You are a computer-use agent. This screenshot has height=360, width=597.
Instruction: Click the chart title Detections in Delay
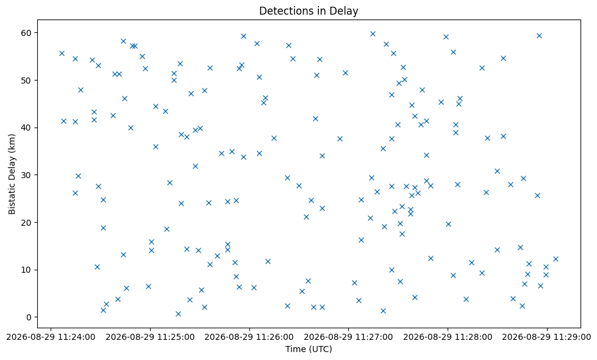click(309, 10)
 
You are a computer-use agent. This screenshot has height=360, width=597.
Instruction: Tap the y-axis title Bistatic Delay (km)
click(12, 174)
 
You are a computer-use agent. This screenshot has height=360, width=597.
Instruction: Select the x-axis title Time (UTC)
click(309, 349)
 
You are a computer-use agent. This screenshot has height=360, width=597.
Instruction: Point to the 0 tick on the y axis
click(29, 317)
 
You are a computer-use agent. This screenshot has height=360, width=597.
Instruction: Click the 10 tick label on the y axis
click(27, 270)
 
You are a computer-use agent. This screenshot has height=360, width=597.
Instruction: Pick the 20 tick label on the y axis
click(27, 223)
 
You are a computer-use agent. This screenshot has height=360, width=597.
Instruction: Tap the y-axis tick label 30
click(27, 175)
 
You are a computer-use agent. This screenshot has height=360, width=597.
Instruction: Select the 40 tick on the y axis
click(27, 128)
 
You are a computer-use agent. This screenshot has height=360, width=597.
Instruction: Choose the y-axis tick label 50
click(27, 81)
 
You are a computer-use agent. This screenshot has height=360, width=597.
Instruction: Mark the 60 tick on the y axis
click(27, 33)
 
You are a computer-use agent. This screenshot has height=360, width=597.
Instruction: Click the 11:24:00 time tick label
click(51, 337)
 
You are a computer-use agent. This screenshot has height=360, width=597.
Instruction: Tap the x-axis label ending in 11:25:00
click(150, 337)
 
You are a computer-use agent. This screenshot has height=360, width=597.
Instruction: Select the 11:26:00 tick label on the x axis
click(249, 337)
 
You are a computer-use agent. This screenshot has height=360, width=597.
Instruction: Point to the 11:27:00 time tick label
click(348, 337)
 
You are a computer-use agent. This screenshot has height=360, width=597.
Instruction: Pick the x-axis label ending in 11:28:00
click(448, 337)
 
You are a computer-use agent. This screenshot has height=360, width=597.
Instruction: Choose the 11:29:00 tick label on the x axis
click(547, 337)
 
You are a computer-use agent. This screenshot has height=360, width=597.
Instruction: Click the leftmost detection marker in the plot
click(62, 53)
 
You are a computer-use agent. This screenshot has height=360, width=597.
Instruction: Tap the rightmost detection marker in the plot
click(556, 259)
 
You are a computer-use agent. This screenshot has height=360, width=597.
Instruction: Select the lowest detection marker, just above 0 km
click(178, 314)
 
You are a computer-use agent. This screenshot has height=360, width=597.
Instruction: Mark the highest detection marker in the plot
click(373, 34)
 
